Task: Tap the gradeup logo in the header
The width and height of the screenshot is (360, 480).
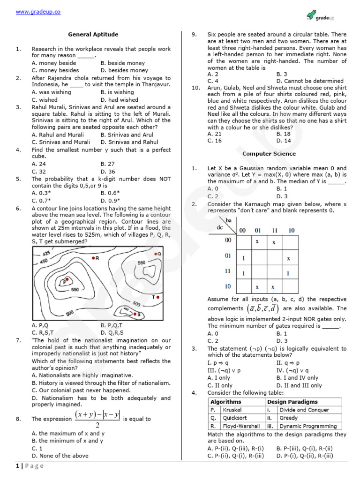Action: [324, 16]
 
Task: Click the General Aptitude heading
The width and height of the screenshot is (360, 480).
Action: [93, 34]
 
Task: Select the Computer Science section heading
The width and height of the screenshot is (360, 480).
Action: [269, 154]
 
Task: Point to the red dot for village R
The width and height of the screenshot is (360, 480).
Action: [93, 258]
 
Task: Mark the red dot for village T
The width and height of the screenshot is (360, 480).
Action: [158, 297]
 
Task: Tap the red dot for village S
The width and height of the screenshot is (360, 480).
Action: [135, 314]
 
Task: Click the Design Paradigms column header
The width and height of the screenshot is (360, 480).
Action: [292, 402]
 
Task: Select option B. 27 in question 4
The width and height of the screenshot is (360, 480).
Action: [108, 164]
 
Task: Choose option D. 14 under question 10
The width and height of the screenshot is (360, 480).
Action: [284, 140]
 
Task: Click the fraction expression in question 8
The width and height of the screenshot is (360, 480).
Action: [97, 419]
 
